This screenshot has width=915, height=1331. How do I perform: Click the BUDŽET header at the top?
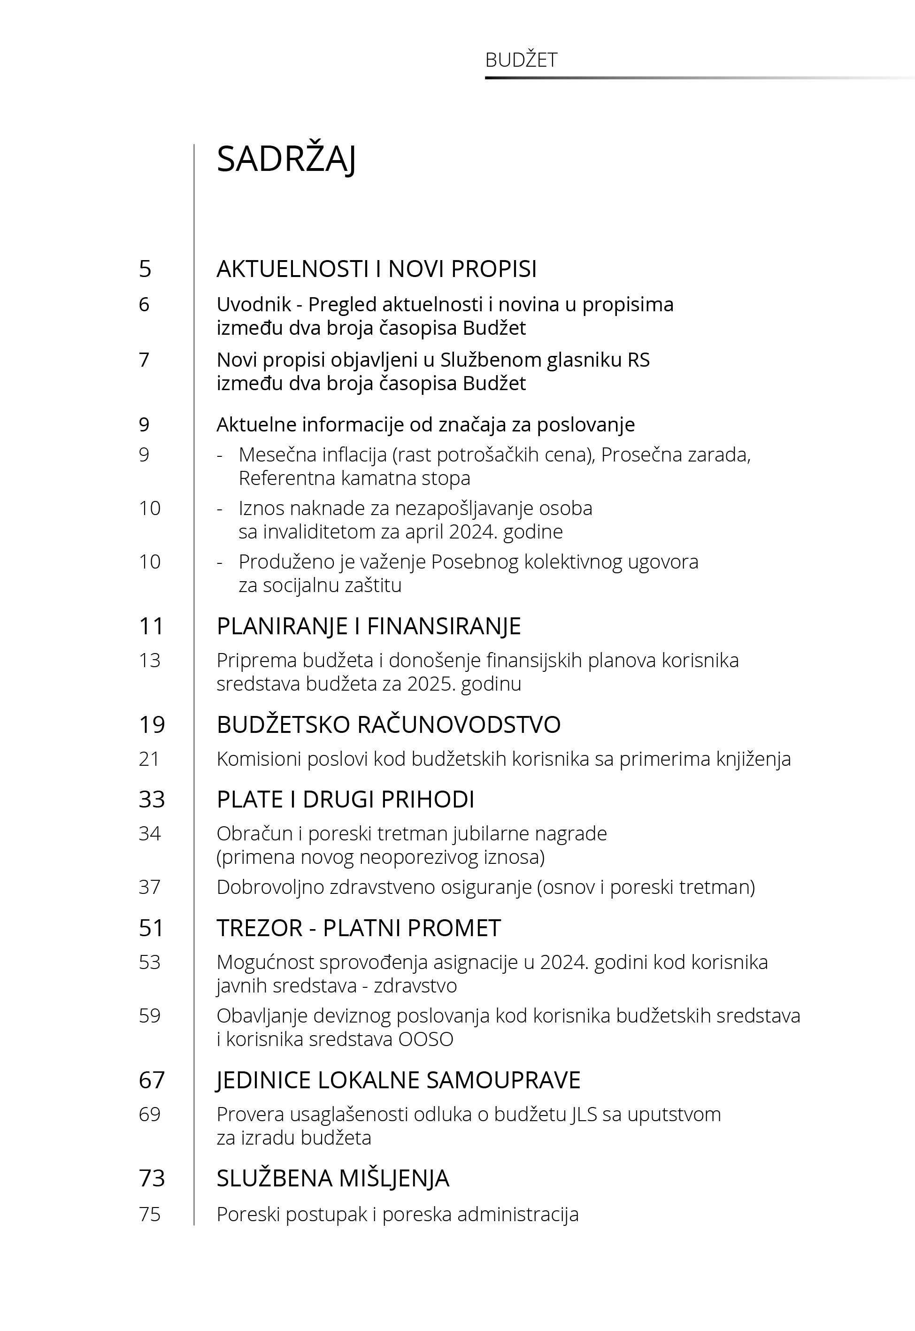[x=521, y=60]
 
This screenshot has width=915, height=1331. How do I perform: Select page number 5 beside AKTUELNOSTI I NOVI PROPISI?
[x=145, y=269]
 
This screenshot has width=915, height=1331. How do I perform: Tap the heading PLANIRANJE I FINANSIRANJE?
[x=368, y=626]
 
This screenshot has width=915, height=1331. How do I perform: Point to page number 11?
[x=151, y=626]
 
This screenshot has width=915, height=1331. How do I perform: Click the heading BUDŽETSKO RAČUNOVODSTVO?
[x=388, y=724]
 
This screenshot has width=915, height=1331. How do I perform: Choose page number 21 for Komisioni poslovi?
[x=149, y=759]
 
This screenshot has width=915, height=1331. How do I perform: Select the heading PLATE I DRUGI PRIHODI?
[x=345, y=799]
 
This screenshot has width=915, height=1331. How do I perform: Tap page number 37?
[x=149, y=887]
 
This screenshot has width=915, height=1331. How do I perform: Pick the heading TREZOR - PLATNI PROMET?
[x=358, y=928]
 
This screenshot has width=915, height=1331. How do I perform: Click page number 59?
[x=149, y=1015]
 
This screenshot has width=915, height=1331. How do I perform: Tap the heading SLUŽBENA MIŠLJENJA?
[x=332, y=1178]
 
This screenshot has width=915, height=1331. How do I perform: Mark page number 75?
[x=149, y=1214]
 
